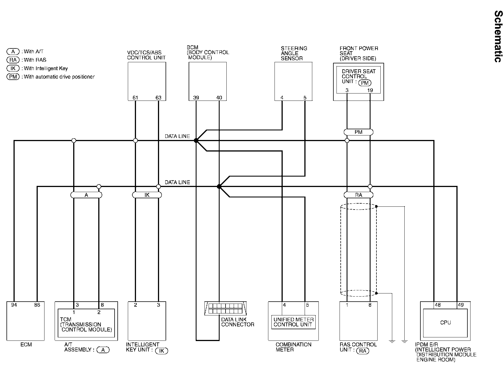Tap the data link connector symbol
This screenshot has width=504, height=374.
(225, 308)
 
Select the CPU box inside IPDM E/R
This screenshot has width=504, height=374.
(445, 323)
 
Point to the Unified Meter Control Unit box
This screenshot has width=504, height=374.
(293, 322)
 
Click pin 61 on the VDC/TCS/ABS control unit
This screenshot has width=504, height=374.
(135, 98)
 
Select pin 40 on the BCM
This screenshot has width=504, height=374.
(219, 98)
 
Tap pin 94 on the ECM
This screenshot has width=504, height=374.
(14, 305)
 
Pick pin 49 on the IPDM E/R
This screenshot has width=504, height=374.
(461, 305)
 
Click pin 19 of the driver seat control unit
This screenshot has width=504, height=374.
(370, 90)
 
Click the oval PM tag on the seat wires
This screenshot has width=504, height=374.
(358, 132)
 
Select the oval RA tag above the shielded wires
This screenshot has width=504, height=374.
(358, 195)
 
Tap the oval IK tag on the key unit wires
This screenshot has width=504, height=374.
(147, 195)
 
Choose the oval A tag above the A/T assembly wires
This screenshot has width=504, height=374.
(86, 195)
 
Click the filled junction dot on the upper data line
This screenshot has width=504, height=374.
(196, 140)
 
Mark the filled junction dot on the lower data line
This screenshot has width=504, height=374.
(219, 186)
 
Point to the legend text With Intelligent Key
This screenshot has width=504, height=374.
(46, 68)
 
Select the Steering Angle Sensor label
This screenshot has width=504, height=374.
(294, 53)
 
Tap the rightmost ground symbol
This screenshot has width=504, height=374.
(404, 341)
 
